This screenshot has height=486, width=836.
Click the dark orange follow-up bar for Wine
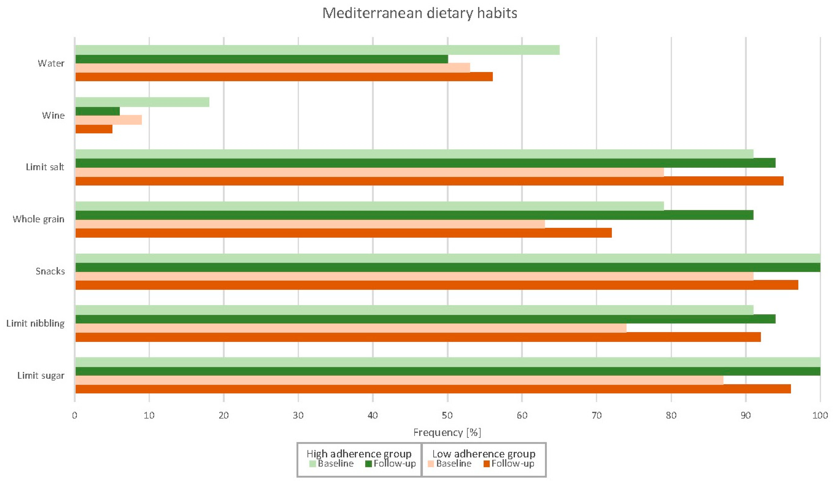click(x=94, y=129)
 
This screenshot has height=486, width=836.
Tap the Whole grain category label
click(x=38, y=219)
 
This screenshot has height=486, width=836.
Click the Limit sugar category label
click(x=41, y=376)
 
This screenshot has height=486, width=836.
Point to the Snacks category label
click(x=50, y=271)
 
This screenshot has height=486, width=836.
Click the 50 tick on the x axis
click(x=447, y=415)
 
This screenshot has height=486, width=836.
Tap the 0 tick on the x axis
click(x=75, y=415)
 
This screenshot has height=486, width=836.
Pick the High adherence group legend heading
click(x=359, y=453)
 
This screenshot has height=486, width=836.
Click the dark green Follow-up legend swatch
click(x=368, y=464)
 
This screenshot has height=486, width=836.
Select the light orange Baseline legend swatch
click(x=431, y=464)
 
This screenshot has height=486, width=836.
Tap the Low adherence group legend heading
click(x=484, y=453)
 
